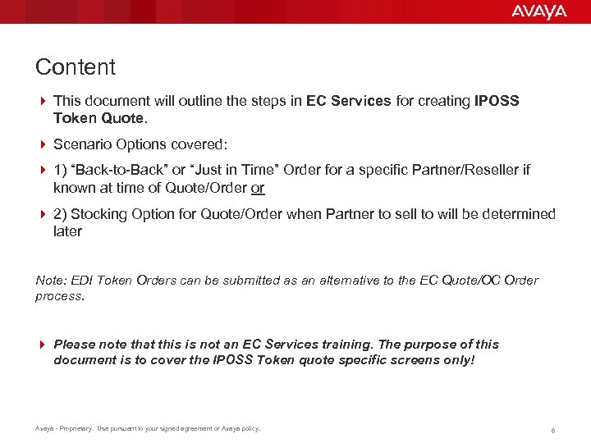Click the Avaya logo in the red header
[538, 11]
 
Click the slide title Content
[76, 67]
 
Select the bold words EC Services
[348, 101]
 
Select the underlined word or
[258, 188]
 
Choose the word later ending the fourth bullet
[68, 231]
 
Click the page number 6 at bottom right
[554, 428]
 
